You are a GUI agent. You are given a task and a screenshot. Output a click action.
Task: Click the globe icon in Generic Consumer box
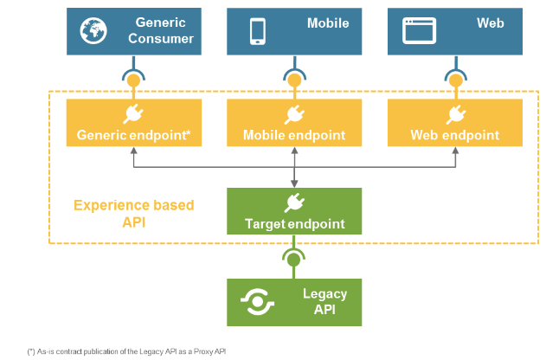pyautogui.click(x=93, y=30)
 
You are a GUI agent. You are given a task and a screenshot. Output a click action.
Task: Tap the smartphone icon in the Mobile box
pyautogui.click(x=257, y=30)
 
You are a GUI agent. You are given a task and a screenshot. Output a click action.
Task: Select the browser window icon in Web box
pyautogui.click(x=418, y=30)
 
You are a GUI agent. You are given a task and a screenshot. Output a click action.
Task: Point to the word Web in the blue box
pyautogui.click(x=490, y=23)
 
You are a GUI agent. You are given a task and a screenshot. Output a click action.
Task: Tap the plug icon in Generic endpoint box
pyautogui.click(x=133, y=113)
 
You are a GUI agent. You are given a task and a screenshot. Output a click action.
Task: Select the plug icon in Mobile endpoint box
pyautogui.click(x=294, y=113)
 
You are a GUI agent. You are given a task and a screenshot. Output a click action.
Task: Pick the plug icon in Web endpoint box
pyautogui.click(x=455, y=113)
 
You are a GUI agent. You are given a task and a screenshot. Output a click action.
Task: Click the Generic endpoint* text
pyautogui.click(x=133, y=135)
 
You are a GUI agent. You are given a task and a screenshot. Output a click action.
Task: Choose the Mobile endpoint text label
pyautogui.click(x=294, y=135)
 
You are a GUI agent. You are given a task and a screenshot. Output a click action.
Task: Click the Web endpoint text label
pyautogui.click(x=455, y=135)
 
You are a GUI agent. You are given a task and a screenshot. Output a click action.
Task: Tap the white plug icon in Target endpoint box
pyautogui.click(x=294, y=202)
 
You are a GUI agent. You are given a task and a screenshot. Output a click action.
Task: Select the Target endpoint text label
pyautogui.click(x=294, y=224)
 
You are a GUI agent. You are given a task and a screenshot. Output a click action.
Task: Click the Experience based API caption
pyautogui.click(x=134, y=213)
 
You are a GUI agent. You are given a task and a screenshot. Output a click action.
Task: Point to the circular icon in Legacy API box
pyautogui.click(x=258, y=301)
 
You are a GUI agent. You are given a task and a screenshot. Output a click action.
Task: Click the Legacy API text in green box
pyautogui.click(x=324, y=301)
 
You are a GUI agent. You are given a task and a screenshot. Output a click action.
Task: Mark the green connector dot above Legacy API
pyautogui.click(x=294, y=259)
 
